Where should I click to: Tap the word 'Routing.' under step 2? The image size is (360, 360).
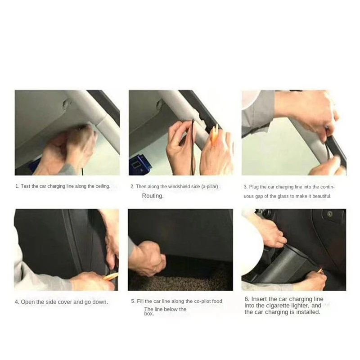[x=153, y=196]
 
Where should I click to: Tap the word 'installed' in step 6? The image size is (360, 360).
[x=307, y=312]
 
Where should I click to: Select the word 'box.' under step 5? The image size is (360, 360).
[x=149, y=314]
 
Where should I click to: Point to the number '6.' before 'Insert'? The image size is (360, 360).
[x=247, y=299]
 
